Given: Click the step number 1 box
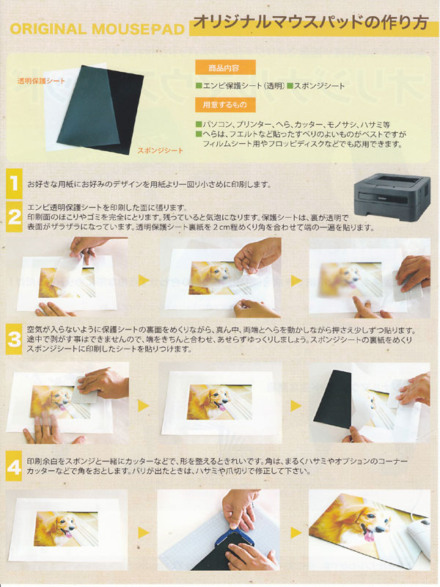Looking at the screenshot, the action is (x=14, y=184).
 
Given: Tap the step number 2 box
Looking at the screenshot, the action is (x=14, y=217).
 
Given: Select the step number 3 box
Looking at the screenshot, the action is (x=14, y=340).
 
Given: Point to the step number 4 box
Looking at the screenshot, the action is (x=14, y=466).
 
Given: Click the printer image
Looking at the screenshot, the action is (x=392, y=197).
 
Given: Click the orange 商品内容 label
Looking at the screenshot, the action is (x=225, y=68).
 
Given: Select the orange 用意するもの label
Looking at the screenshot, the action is (x=225, y=105).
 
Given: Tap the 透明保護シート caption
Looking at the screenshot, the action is (x=41, y=81).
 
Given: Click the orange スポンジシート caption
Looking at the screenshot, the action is (x=160, y=150).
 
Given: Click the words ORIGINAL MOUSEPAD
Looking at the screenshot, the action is (x=98, y=29).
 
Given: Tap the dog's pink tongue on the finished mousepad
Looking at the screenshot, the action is (x=369, y=536).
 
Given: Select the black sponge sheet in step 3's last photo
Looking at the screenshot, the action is (x=332, y=401).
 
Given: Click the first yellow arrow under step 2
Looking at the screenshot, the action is (x=144, y=280).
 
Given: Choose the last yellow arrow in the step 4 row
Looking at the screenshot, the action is (x=296, y=533).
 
